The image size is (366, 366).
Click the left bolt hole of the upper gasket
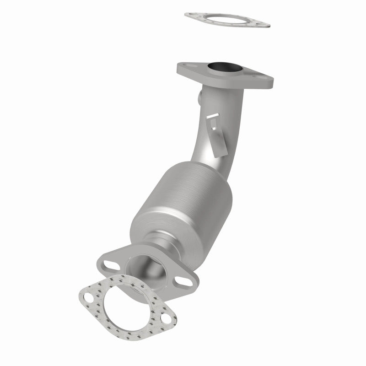coord(193,15)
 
